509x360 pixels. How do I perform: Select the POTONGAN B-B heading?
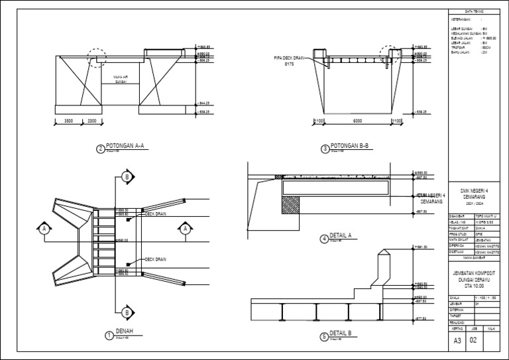[350, 147]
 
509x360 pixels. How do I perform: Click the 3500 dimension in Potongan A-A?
[68, 122]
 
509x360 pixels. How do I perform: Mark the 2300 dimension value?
[91, 122]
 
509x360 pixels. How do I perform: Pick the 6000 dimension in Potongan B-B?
[358, 122]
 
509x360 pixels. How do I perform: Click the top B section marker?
[125, 176]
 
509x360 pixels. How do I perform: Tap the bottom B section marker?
[125, 312]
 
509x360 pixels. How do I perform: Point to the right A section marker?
[186, 229]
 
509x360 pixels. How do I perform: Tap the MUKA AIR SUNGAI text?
[121, 79]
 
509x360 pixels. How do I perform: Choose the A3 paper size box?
[457, 341]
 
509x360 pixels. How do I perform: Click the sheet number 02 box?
[473, 341]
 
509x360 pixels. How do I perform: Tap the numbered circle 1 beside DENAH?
[109, 336]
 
